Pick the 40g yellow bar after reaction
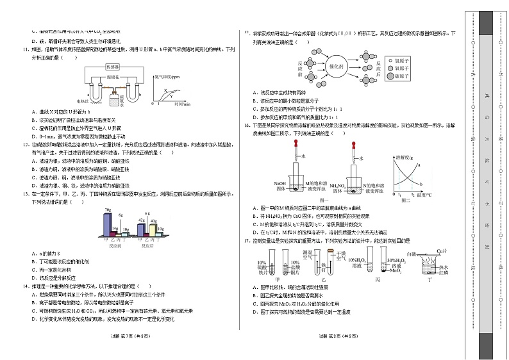point(152,229)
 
